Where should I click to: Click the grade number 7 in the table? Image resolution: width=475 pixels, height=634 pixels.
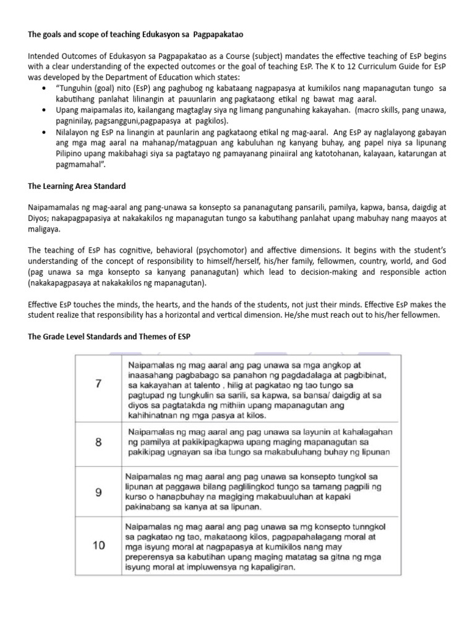[x=98, y=383]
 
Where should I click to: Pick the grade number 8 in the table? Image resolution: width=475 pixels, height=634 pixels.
[x=98, y=441]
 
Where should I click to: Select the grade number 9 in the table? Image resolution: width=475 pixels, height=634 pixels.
[x=98, y=493]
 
